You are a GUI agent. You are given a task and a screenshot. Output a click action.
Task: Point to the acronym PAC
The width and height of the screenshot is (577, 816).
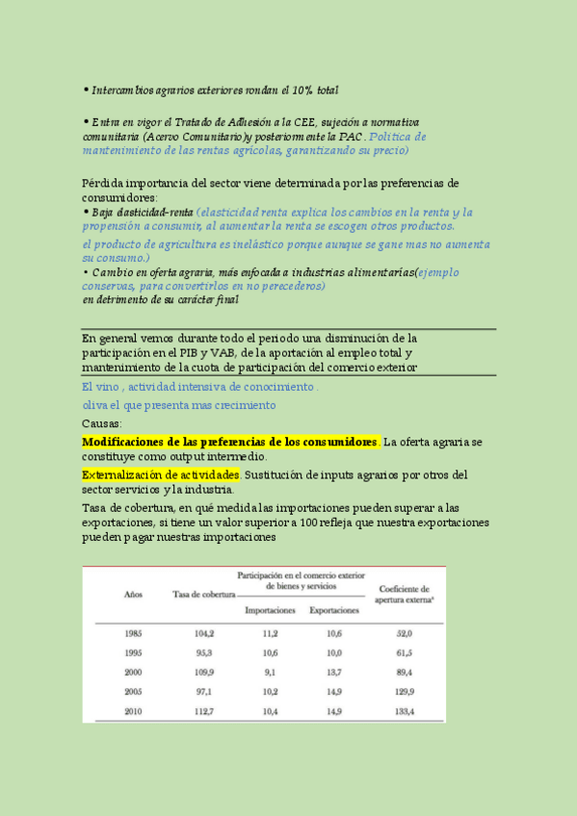351,137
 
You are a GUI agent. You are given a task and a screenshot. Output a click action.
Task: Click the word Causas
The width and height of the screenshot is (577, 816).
102,423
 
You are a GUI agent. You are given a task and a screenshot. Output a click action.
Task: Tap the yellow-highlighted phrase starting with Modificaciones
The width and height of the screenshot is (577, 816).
230,441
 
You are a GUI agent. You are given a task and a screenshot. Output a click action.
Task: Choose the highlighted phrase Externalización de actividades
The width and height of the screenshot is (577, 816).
161,475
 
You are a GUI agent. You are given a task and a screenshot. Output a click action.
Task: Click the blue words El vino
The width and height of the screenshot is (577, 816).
101,387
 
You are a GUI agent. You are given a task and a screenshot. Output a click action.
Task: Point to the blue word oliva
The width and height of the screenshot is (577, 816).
97,405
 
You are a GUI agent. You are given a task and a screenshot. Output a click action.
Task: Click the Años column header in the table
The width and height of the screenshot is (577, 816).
134,593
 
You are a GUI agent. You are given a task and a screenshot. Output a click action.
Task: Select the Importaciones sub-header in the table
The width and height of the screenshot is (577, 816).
270,610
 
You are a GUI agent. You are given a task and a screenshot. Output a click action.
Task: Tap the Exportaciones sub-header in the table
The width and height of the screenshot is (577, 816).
334,610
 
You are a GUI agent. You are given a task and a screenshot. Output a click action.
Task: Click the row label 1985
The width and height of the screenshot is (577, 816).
135,633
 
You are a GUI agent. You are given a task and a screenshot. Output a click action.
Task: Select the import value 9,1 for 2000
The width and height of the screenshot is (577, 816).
270,672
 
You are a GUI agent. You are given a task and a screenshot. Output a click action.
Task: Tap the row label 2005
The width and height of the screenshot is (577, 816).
135,691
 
